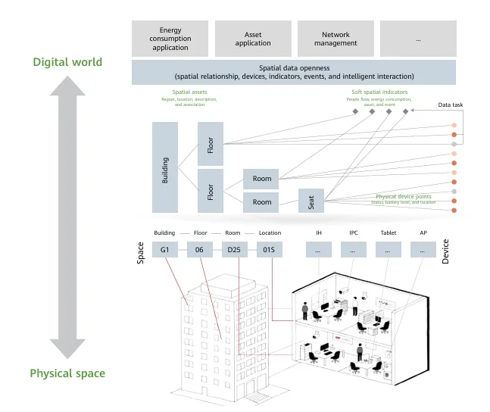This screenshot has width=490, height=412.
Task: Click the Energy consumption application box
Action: [x=170, y=39]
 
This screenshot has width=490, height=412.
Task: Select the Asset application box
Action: [x=253, y=39]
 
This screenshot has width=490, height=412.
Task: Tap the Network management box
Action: [x=336, y=39]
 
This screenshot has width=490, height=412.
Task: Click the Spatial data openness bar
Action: [x=294, y=72]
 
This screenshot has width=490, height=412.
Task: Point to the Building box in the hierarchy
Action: [x=165, y=167]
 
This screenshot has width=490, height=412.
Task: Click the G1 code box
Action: [x=165, y=249]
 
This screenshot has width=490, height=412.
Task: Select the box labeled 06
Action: [x=200, y=249]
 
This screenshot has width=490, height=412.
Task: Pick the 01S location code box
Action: [x=270, y=249]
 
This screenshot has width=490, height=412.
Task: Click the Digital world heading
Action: [x=67, y=62]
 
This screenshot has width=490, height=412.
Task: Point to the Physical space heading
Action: [x=67, y=373]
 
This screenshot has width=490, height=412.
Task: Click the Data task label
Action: [x=453, y=105]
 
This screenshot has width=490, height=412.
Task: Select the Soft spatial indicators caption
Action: [x=379, y=92]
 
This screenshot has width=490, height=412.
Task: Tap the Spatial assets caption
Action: [x=189, y=92]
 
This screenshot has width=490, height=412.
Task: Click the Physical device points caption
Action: [x=405, y=196]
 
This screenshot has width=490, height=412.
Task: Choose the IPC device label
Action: [x=353, y=233]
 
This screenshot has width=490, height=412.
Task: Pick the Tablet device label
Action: [x=388, y=233]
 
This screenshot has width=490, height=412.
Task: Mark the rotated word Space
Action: [x=141, y=251]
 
